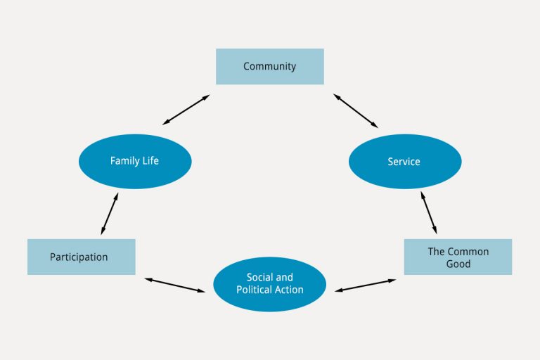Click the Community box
[270, 67]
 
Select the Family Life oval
[135, 161]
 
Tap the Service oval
[405, 161]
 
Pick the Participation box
[82, 257]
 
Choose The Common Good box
[458, 257]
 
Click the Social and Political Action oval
[270, 284]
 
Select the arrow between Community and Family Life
[186, 110]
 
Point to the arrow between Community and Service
[356, 110]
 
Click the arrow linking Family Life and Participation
[110, 214]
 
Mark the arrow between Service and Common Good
[429, 212]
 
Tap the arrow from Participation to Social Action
[175, 285]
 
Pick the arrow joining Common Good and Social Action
[365, 285]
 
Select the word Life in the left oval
[150, 160]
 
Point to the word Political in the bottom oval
[253, 290]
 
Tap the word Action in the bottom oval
[288, 290]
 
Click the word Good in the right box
[458, 264]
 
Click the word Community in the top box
[270, 66]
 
